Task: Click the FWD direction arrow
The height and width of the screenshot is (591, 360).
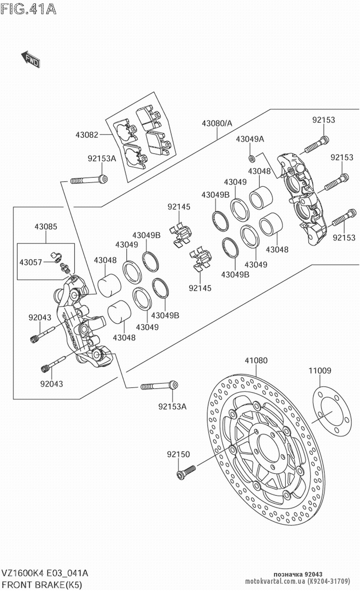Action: [31, 59]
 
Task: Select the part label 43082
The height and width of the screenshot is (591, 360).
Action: [87, 135]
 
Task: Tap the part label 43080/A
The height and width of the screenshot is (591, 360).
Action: [217, 123]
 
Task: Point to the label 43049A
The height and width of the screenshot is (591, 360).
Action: [250, 139]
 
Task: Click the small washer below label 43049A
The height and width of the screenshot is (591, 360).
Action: [252, 159]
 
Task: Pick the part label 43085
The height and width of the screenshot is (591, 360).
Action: [46, 226]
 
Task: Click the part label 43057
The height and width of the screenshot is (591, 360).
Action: [31, 262]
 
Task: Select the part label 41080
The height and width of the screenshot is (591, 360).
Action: [256, 360]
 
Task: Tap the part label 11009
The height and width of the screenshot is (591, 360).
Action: [320, 370]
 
